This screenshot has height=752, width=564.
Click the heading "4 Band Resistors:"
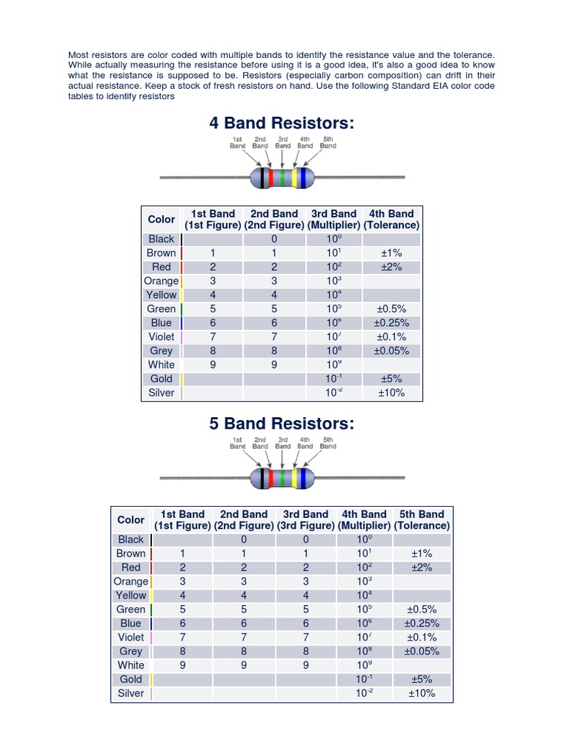[x=282, y=123]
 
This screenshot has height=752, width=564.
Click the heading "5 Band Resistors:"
[x=282, y=423]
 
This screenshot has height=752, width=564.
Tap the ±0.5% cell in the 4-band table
[x=391, y=309]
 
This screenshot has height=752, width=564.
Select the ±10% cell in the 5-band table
[x=422, y=693]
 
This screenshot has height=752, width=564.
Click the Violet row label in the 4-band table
[x=162, y=337]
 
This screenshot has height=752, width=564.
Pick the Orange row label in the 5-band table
[x=131, y=582]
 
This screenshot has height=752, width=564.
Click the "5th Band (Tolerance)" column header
[x=422, y=520]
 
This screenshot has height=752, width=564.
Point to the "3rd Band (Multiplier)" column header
[x=333, y=220]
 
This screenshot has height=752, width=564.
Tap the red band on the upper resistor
[x=272, y=177]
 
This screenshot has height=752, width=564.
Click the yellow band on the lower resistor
[x=295, y=478]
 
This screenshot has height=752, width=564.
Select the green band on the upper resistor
[x=283, y=177]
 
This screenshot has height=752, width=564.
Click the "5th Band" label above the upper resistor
[x=328, y=142]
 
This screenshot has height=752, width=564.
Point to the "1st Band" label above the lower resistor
[x=238, y=443]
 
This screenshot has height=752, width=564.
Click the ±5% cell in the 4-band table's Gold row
[x=391, y=379]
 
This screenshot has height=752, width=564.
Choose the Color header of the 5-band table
[x=131, y=520]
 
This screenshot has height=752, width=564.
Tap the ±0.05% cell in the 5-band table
[x=422, y=651]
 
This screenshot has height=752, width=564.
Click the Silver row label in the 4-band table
[x=162, y=393]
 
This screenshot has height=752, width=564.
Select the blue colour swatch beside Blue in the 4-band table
[x=181, y=323]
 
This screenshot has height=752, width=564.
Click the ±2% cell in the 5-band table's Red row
[x=422, y=568]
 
